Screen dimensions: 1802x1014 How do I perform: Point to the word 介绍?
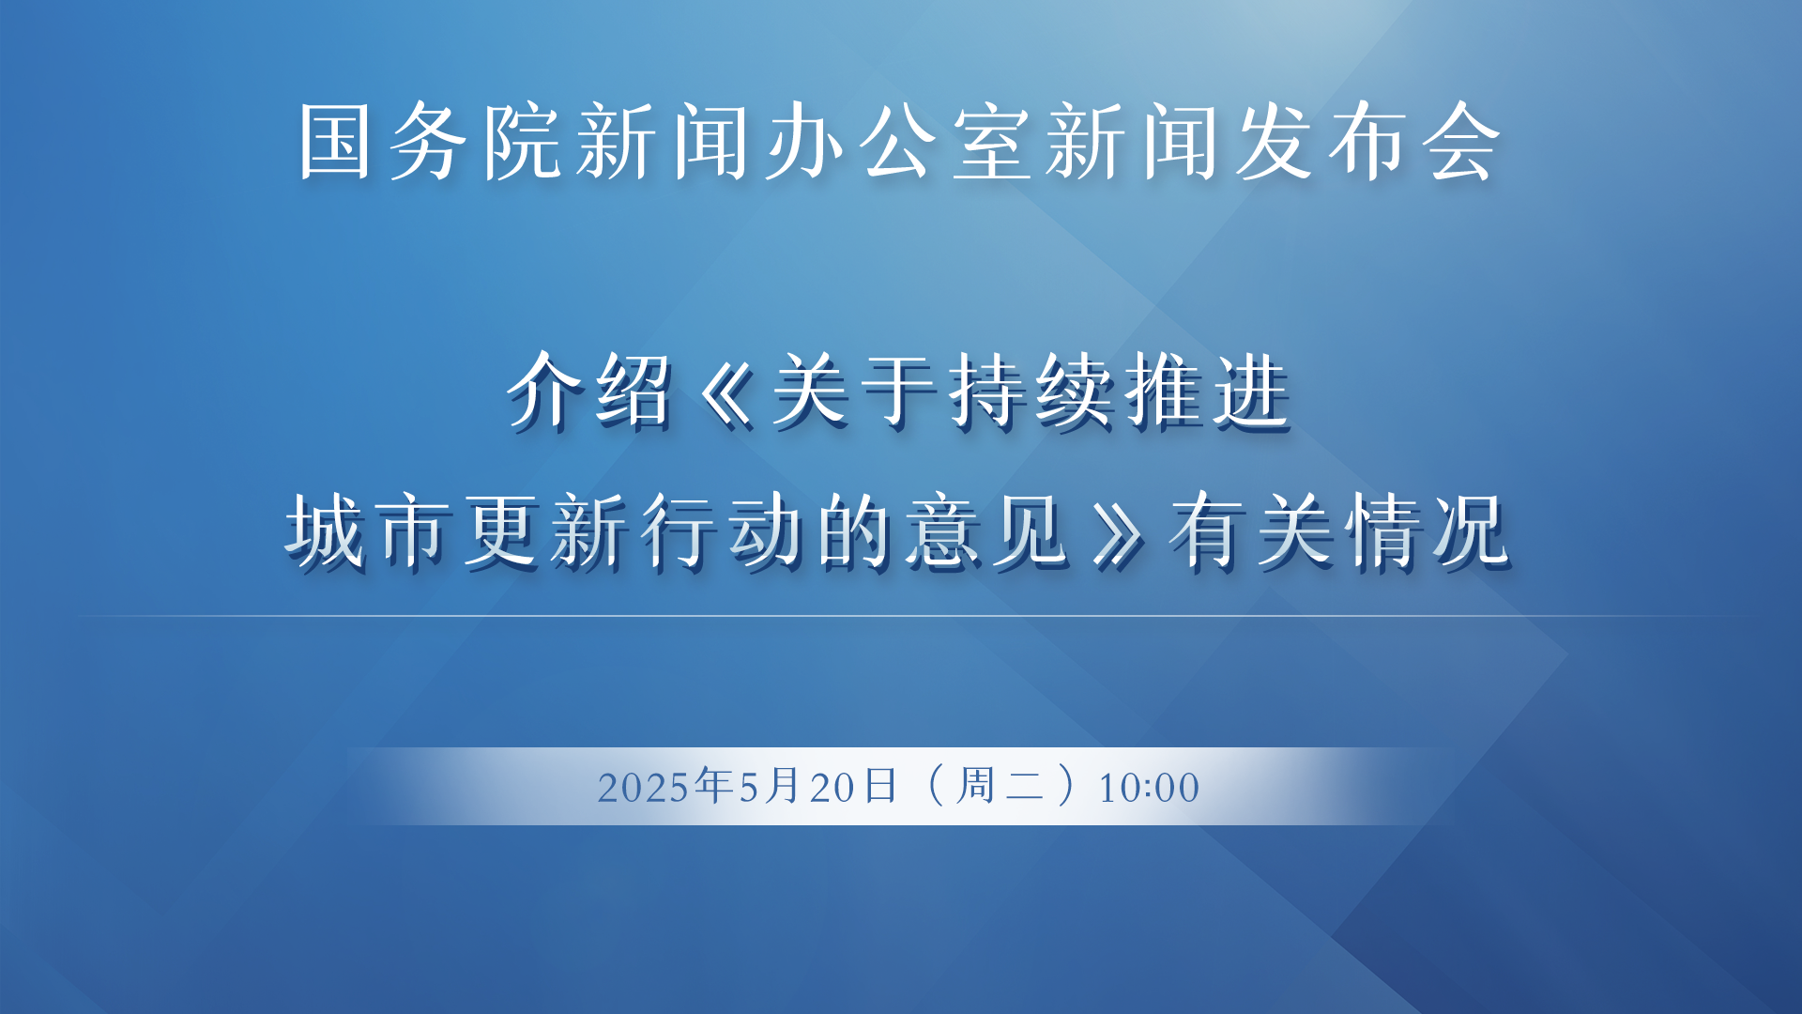(x=590, y=392)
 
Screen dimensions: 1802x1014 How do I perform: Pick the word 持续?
(x=1031, y=392)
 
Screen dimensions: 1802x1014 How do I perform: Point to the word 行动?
(x=724, y=531)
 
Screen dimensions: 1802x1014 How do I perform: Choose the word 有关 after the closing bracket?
(x=1252, y=531)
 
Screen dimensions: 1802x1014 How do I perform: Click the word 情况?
(x=1428, y=531)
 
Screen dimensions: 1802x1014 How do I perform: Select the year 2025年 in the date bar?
(x=665, y=786)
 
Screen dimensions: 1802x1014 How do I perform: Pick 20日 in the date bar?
(x=853, y=786)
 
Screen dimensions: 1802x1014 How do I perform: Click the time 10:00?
(x=1149, y=788)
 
